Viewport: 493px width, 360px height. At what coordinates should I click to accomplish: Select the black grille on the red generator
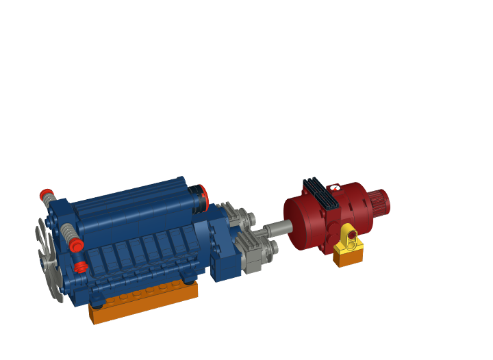[x=321, y=193]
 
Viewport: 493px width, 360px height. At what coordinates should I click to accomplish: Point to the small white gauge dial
[x=334, y=187]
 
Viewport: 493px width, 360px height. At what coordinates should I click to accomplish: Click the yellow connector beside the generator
[x=350, y=240]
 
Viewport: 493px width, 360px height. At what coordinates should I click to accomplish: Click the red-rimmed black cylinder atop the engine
[x=199, y=196]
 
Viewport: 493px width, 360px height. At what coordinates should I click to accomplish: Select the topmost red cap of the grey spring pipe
[x=46, y=194]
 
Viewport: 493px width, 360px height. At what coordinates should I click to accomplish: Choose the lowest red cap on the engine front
[x=81, y=267]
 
